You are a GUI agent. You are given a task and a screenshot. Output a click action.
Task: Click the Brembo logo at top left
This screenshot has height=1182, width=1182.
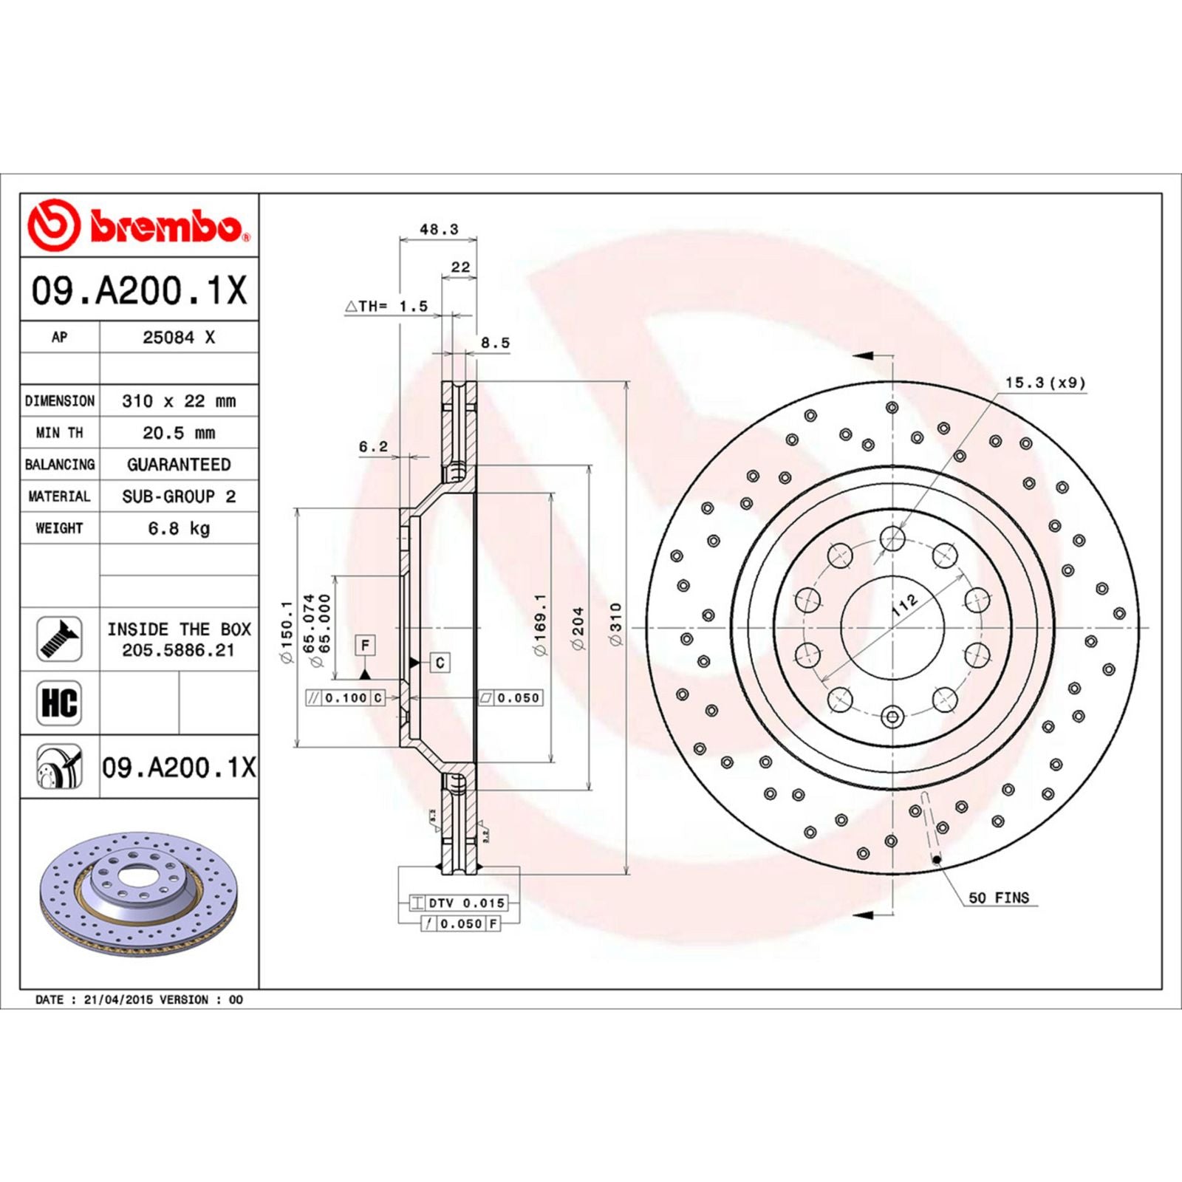pyautogui.click(x=139, y=225)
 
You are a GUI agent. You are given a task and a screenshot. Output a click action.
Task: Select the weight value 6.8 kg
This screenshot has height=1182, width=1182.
pyautogui.click(x=179, y=528)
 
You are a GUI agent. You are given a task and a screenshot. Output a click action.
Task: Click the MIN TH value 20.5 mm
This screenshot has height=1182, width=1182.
pyautogui.click(x=179, y=433)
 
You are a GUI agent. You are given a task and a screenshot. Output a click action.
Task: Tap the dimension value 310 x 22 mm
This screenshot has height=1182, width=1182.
pyautogui.click(x=179, y=401)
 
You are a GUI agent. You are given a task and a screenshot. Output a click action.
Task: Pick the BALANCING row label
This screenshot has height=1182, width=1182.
pyautogui.click(x=60, y=465)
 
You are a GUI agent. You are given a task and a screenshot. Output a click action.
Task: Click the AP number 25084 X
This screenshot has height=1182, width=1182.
pyautogui.click(x=179, y=338)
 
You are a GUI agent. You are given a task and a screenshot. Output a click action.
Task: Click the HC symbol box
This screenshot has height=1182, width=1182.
pyautogui.click(x=59, y=703)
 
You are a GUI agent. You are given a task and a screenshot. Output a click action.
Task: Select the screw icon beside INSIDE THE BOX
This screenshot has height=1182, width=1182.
pyautogui.click(x=59, y=639)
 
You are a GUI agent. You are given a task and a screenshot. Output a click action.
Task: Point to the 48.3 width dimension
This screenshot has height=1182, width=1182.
pyautogui.click(x=439, y=230)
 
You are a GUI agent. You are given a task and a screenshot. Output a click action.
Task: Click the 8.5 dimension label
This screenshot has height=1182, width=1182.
pyautogui.click(x=495, y=343)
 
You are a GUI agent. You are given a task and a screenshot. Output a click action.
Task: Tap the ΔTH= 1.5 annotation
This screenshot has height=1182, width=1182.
pyautogui.click(x=386, y=306)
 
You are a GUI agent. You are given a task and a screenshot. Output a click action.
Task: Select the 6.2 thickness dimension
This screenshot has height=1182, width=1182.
pyautogui.click(x=373, y=447)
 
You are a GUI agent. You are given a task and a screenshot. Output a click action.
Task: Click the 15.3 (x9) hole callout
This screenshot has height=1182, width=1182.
pyautogui.click(x=1045, y=383)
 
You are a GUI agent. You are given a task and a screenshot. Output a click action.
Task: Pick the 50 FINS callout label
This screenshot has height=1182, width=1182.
pyautogui.click(x=998, y=898)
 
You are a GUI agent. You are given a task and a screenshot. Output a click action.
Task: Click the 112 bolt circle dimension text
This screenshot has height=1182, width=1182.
pyautogui.click(x=904, y=605)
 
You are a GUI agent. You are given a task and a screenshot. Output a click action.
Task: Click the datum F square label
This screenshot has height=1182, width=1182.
pyautogui.click(x=365, y=645)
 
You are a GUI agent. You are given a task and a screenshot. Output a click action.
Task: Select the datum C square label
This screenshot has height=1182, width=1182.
pyautogui.click(x=440, y=663)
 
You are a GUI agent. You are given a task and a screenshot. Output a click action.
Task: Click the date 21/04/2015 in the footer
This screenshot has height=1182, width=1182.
pyautogui.click(x=118, y=1000)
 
